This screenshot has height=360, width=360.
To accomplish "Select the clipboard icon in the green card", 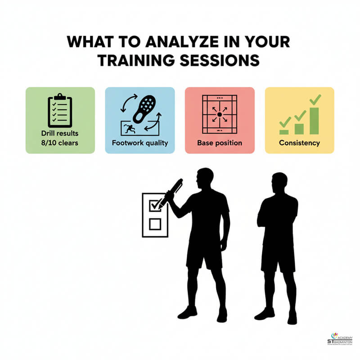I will pos(60,110).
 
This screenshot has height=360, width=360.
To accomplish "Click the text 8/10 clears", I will pos(60,143).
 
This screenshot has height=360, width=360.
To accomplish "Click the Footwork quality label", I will pos(140,143).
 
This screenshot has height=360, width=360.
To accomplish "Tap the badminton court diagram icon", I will pos(220,115).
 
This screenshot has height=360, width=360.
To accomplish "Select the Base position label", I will pos(220,143).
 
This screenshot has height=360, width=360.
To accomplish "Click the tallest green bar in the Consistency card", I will pos(314,121).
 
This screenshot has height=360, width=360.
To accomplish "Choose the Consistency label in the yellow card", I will pos(299,143).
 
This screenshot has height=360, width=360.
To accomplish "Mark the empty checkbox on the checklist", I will pos(155,224).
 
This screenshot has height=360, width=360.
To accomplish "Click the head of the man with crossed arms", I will pos(279,182).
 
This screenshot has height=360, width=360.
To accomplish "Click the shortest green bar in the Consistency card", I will pos(284,131).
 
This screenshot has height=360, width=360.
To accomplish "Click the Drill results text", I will pos(60,134).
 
